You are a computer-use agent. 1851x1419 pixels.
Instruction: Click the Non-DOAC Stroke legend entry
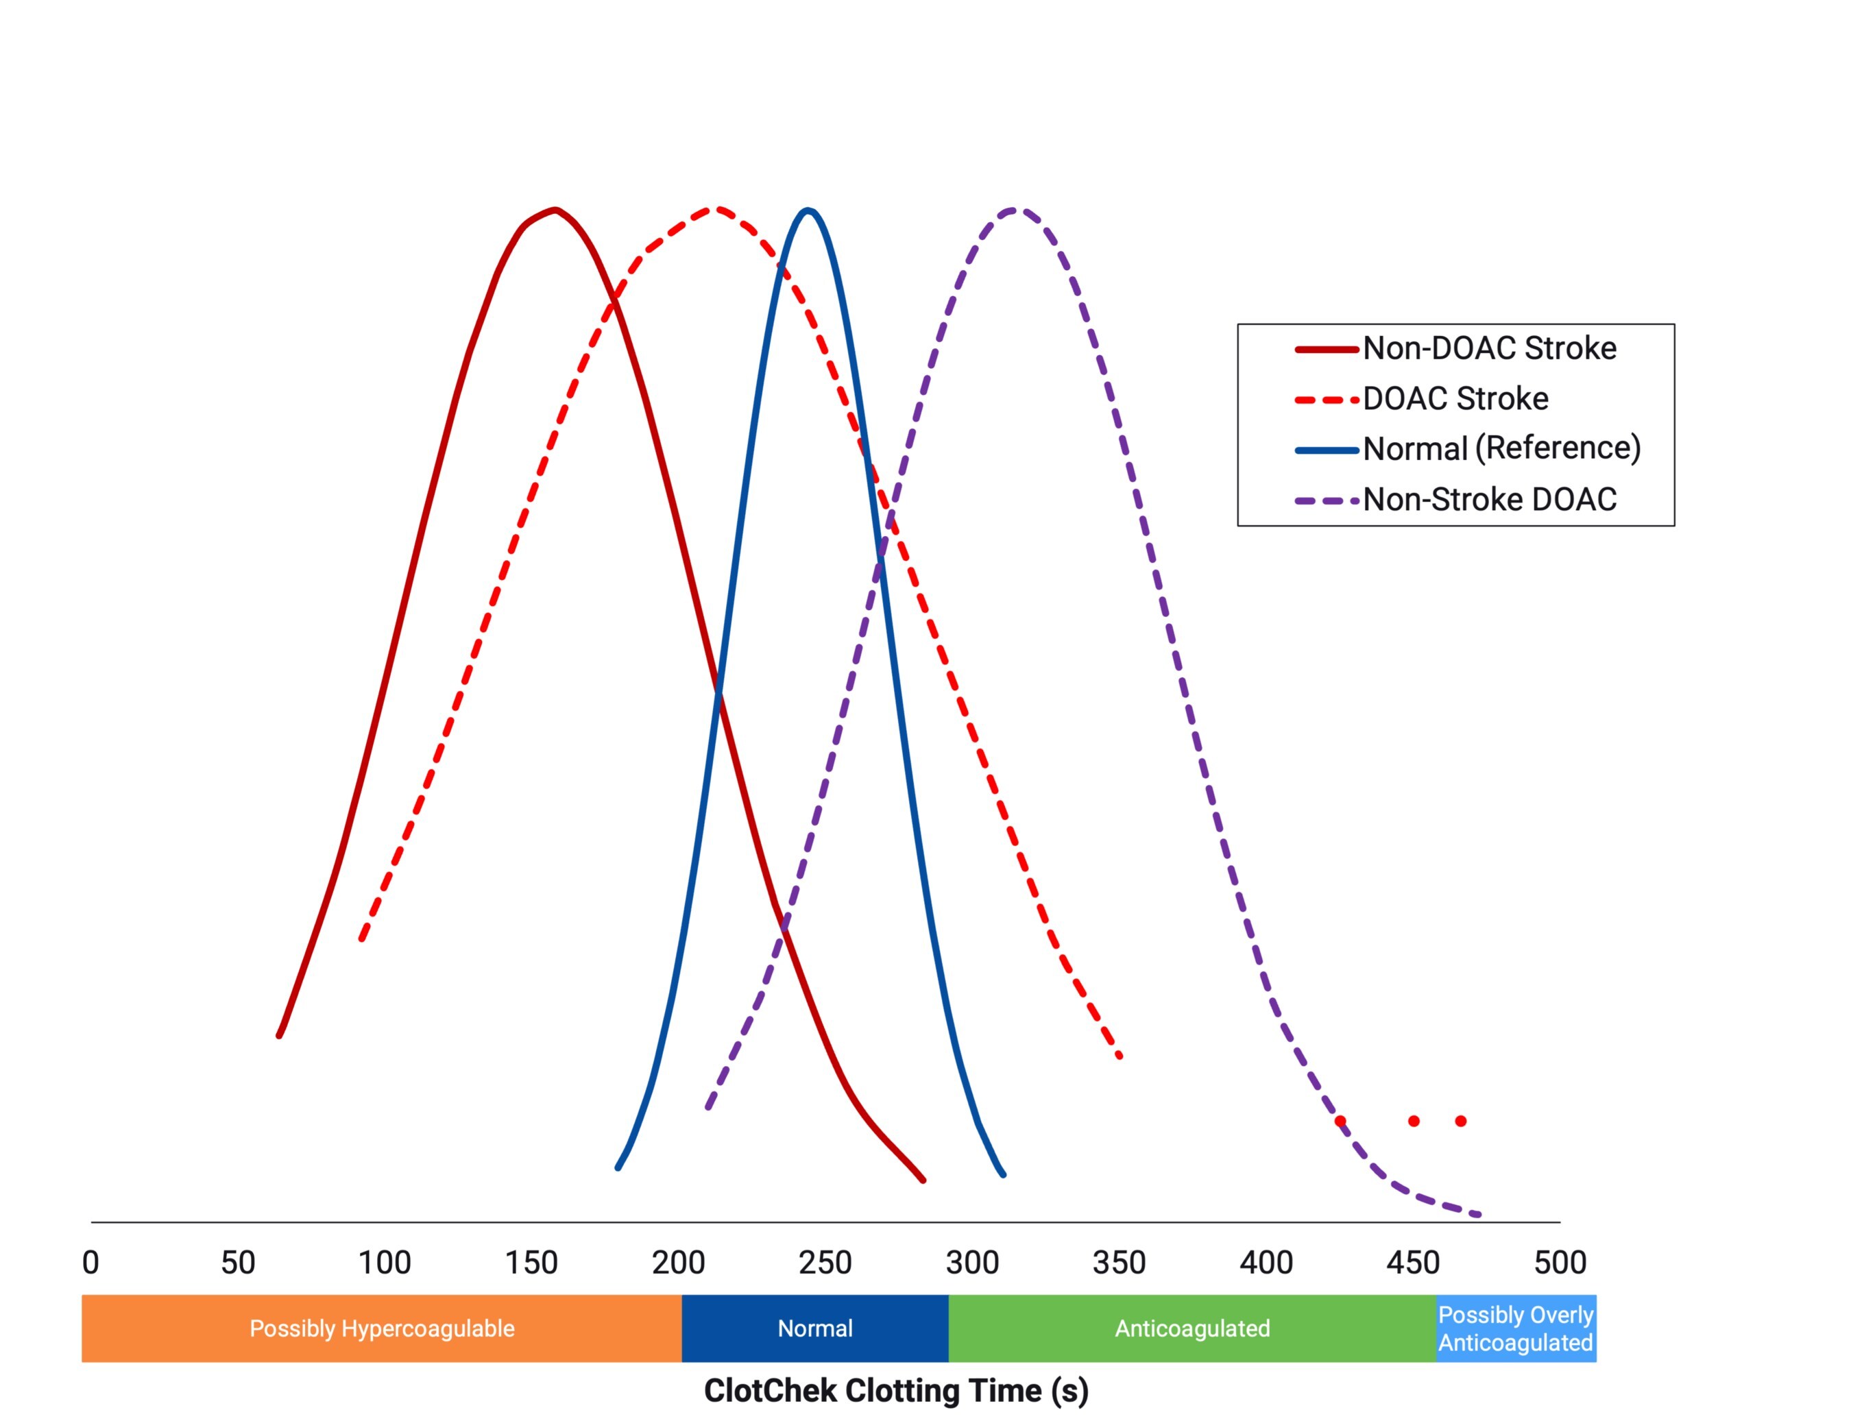[x=1488, y=348]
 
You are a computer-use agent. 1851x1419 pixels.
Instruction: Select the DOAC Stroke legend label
[x=1455, y=399]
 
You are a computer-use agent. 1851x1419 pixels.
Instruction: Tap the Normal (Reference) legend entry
[x=1501, y=448]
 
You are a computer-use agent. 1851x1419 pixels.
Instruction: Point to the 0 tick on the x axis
[x=90, y=1263]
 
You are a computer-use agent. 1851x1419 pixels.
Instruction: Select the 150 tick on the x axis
[x=531, y=1263]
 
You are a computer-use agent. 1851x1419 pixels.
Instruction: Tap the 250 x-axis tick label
[x=825, y=1263]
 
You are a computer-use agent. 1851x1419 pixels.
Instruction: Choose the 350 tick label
[x=1119, y=1263]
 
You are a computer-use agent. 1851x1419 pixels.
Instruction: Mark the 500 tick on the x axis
[x=1560, y=1263]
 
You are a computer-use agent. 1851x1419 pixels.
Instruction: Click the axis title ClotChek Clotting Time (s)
[x=895, y=1390]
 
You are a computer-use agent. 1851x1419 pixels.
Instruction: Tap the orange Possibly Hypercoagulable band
[x=381, y=1329]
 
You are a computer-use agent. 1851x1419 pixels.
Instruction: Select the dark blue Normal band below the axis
[x=814, y=1329]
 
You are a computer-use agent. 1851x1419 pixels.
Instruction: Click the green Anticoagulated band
[x=1191, y=1329]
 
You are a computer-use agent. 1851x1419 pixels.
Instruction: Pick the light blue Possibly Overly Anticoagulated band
[x=1516, y=1329]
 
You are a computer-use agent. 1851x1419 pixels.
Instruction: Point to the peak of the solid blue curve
[x=808, y=210]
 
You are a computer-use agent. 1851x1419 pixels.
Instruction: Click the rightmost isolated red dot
[x=1461, y=1121]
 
